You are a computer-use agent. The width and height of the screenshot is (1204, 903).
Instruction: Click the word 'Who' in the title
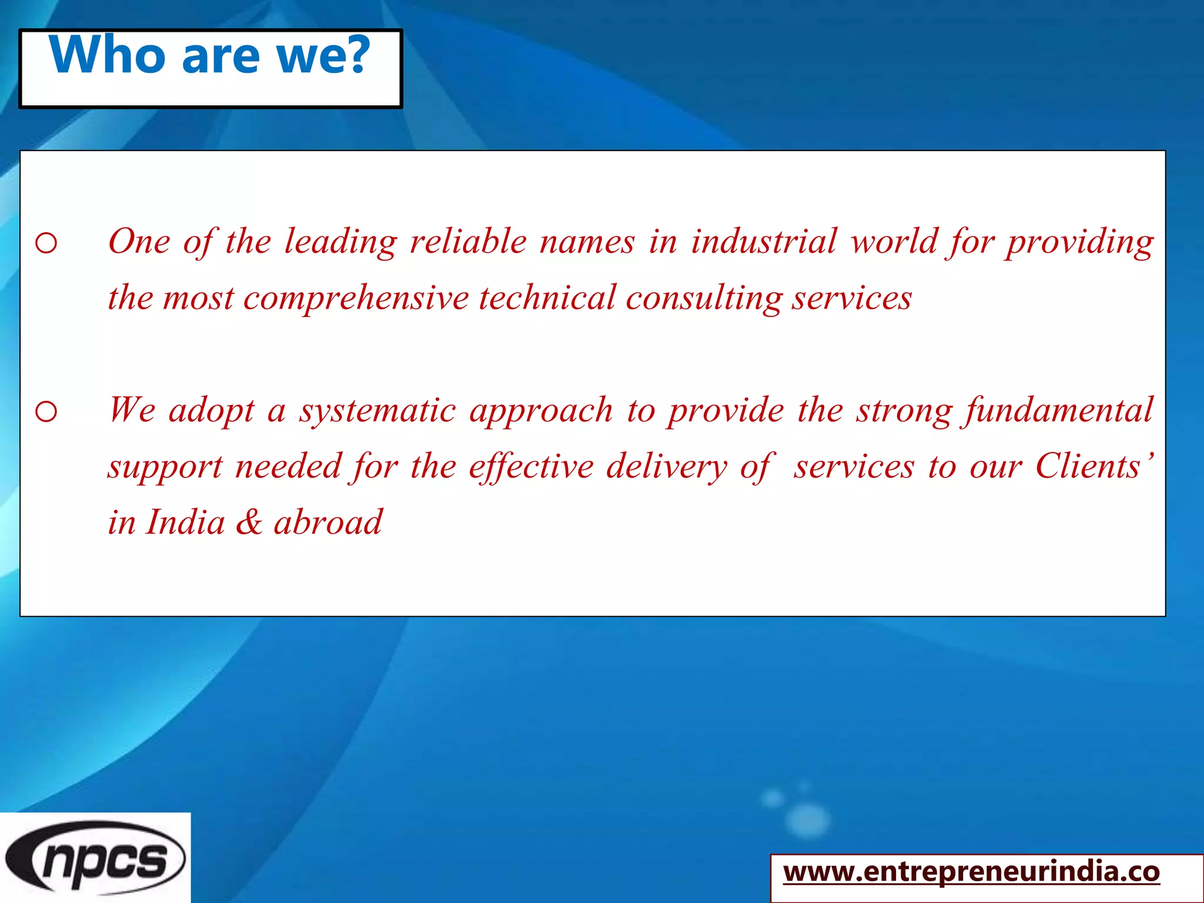click(108, 55)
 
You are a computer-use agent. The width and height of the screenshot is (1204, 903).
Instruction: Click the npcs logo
click(95, 858)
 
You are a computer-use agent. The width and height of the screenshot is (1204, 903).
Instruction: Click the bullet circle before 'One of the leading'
click(46, 243)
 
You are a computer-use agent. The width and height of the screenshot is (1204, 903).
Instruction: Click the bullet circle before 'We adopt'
click(46, 412)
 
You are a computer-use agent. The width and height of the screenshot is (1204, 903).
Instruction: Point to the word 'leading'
click(341, 242)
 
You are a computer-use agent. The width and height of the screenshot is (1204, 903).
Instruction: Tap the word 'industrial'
click(764, 241)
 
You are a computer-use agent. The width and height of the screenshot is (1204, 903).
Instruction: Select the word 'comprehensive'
click(356, 299)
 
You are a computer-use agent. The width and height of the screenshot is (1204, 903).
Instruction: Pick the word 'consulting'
click(703, 299)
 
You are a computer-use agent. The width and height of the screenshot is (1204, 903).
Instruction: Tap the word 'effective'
click(531, 467)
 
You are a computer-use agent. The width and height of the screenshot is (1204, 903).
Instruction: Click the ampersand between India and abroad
click(249, 522)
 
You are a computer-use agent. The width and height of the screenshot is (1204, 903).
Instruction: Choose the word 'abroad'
click(328, 522)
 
